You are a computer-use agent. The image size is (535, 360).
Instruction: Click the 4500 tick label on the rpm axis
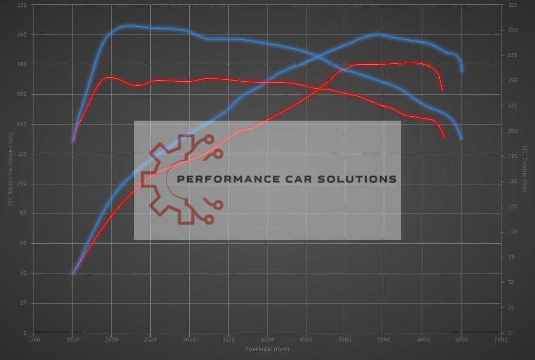[306, 339]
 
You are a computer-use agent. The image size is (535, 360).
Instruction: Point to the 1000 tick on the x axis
[34, 339]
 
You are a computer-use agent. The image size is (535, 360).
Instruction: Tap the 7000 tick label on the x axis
[500, 339]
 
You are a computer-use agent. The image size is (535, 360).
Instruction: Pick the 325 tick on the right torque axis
[512, 5]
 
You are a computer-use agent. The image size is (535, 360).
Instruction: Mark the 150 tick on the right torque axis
[512, 181]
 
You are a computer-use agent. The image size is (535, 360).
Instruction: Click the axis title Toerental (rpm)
[267, 349]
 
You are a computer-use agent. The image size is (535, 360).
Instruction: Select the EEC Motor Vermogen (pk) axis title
[10, 169]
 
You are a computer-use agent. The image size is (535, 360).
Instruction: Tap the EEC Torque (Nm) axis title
[525, 169]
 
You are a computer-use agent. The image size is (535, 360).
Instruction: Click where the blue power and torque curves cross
[319, 56]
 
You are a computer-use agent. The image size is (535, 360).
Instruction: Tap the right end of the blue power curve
[462, 71]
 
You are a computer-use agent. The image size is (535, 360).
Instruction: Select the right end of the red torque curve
[444, 137]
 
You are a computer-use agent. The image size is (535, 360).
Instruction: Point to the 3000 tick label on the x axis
[189, 339]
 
